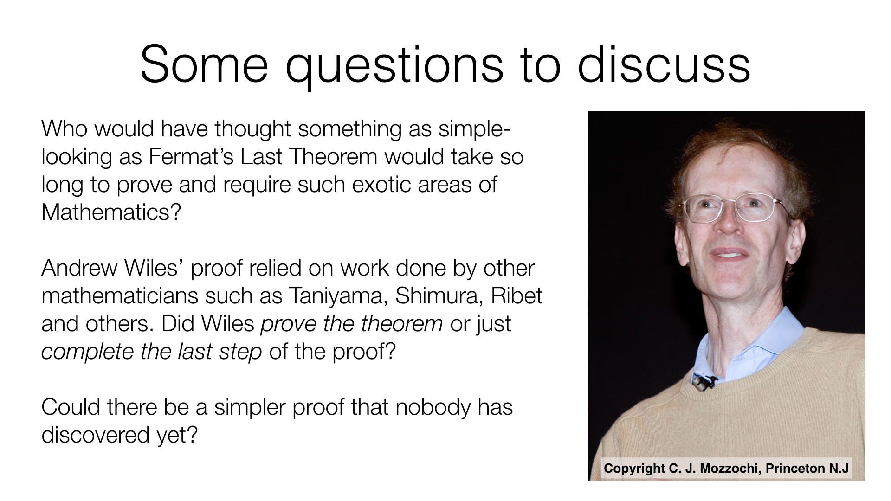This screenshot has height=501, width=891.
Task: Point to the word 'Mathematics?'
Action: tap(111, 212)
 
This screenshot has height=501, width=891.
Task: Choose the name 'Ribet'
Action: tap(516, 296)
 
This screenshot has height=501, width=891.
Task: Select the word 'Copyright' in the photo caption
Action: tap(634, 469)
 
